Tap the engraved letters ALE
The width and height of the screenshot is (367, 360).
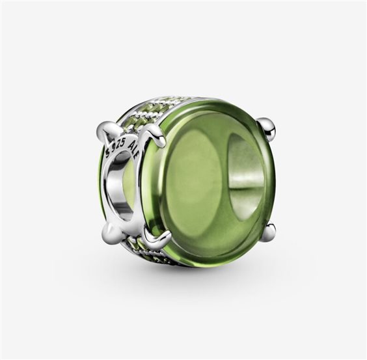tap(134, 148)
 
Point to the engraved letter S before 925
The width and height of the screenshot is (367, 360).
tap(108, 153)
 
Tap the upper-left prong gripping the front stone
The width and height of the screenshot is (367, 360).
tap(154, 134)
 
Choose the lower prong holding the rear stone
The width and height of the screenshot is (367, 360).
tap(111, 232)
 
